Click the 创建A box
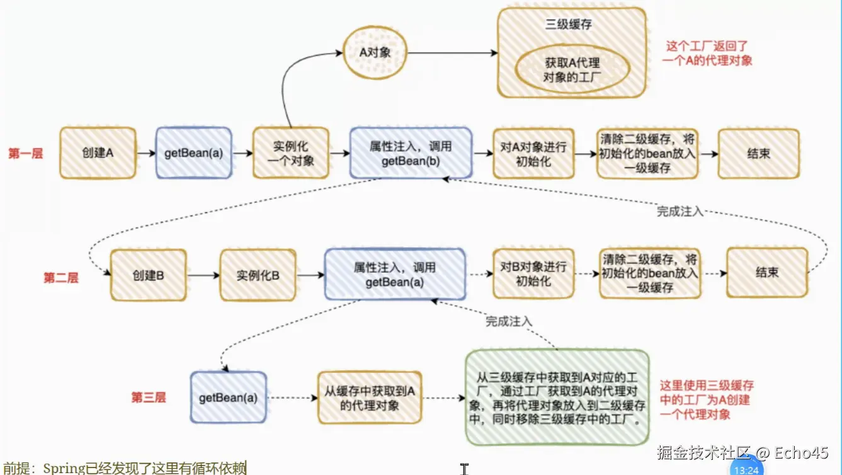98,153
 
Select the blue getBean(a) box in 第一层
193,153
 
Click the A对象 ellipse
375,52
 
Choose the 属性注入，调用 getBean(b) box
411,153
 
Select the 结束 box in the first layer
758,153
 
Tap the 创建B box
149,275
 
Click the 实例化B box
258,275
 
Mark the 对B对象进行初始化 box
533,273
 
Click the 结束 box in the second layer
766,272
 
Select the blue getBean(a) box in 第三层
228,398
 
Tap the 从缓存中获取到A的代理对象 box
369,398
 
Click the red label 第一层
26,153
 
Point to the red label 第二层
61,278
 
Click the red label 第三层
149,398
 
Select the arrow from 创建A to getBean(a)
146,153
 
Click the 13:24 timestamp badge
746,469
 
